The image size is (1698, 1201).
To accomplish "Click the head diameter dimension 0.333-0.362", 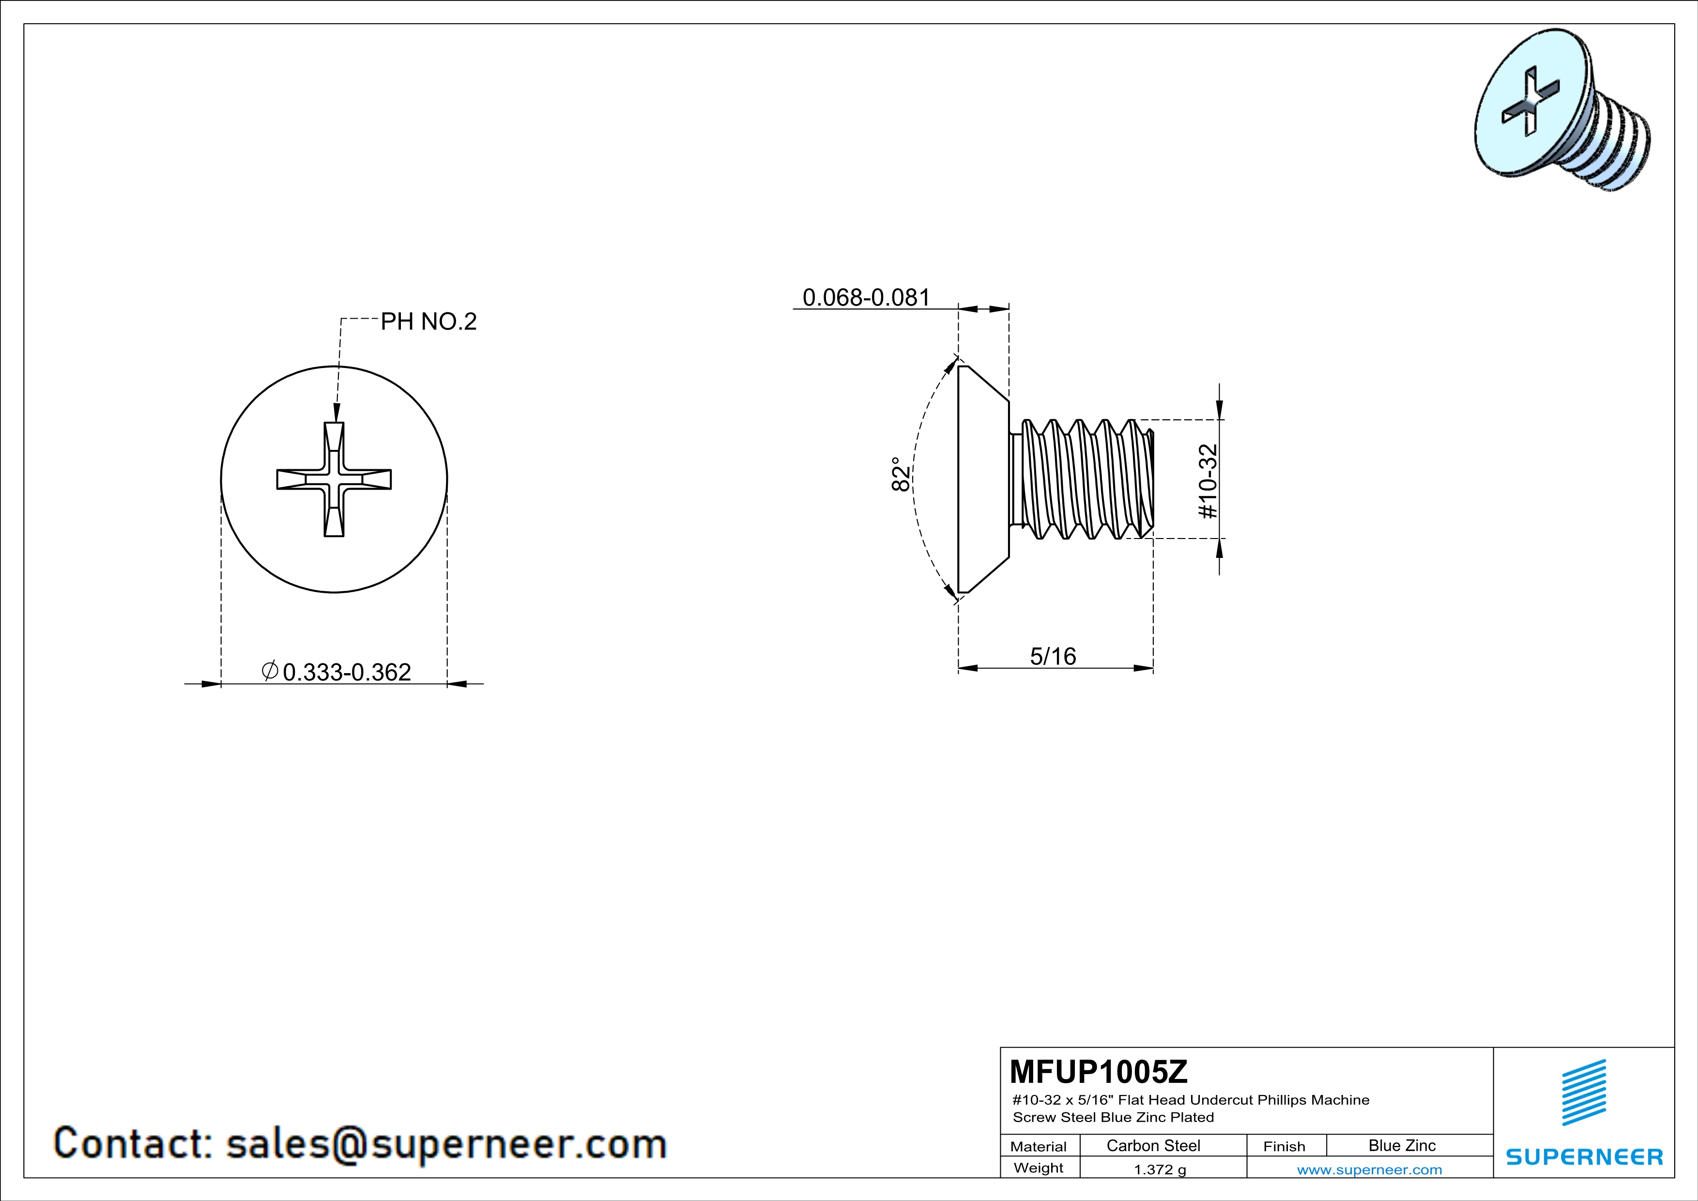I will [x=346, y=672].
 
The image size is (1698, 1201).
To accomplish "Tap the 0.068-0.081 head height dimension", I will [x=866, y=297].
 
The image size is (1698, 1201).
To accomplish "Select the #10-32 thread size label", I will [x=1207, y=481].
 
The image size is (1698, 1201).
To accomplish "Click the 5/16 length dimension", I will [x=1053, y=656].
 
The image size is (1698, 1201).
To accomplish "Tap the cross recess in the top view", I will [x=334, y=479].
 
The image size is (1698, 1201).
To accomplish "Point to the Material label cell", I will [x=1039, y=1146].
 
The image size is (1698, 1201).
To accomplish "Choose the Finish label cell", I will [x=1284, y=1146].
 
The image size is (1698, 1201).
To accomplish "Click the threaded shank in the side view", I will [x=1084, y=479].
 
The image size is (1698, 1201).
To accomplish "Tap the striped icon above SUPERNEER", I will [x=1583, y=1093].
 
